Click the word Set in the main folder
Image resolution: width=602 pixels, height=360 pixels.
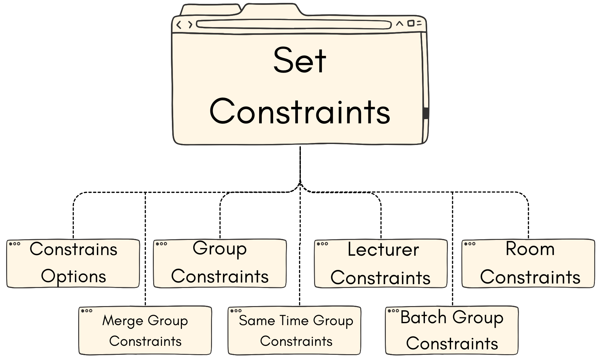300,61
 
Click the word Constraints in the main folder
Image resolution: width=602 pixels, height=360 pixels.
300,112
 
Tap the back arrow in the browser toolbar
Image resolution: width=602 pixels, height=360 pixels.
179,25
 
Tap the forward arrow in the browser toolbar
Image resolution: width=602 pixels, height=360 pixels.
190,25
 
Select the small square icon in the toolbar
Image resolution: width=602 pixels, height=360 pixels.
410,23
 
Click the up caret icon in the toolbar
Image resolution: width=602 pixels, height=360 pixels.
400,24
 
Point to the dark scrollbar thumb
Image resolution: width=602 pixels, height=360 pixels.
426,113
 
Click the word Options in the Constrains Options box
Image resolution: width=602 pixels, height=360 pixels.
73,276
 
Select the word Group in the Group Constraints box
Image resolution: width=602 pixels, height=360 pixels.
220,249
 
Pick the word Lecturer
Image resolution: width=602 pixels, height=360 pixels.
383,250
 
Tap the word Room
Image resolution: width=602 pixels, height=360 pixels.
530,249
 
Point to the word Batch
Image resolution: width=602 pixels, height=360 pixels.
423,317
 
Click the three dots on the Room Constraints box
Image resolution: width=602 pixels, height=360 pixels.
470,244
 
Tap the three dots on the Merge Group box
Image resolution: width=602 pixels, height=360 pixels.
87,311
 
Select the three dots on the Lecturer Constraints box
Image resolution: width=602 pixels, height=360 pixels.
322,244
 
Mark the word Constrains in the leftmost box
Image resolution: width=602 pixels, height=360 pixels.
73,249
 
